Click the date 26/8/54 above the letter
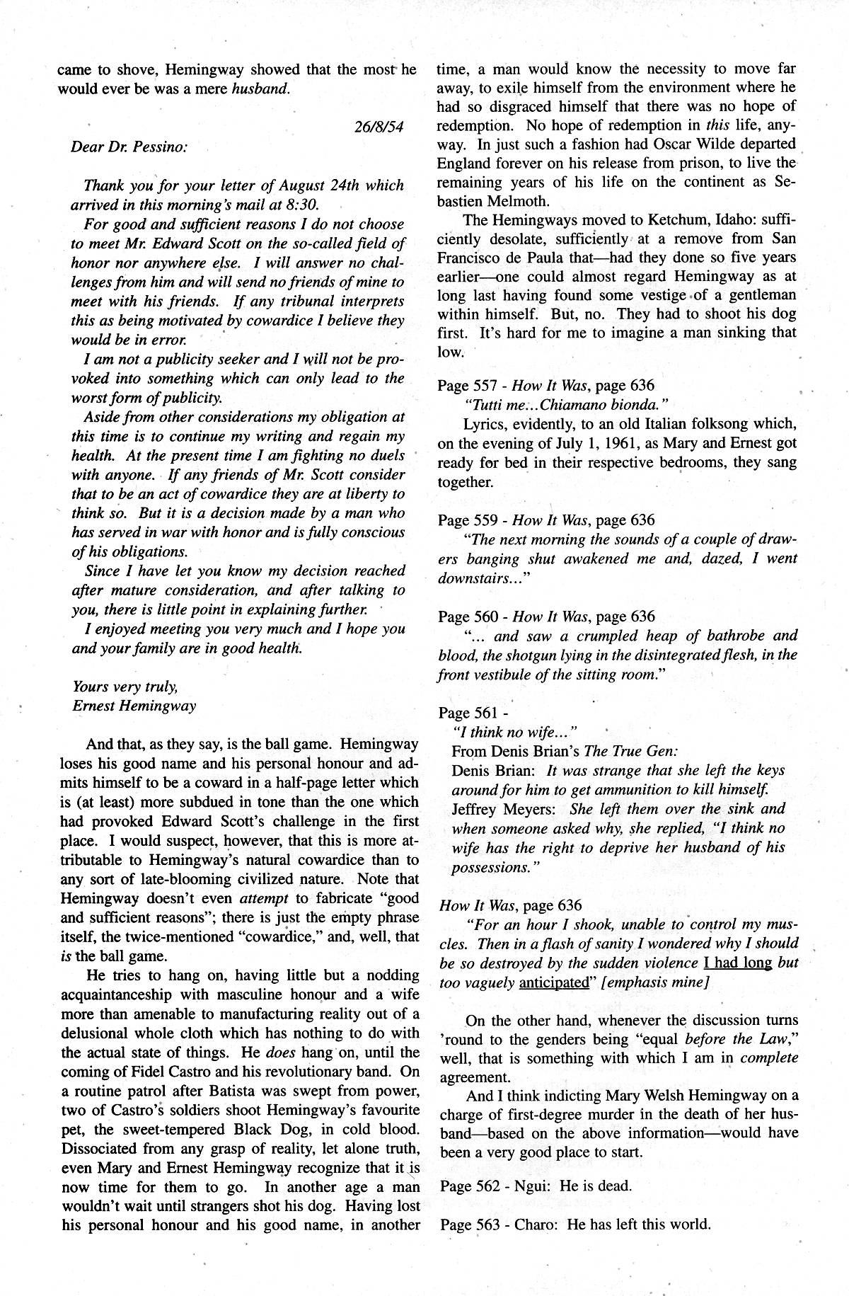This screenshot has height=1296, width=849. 378,127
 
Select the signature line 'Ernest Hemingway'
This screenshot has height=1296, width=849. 134,706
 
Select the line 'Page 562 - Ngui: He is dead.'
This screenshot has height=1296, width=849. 535,1186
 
